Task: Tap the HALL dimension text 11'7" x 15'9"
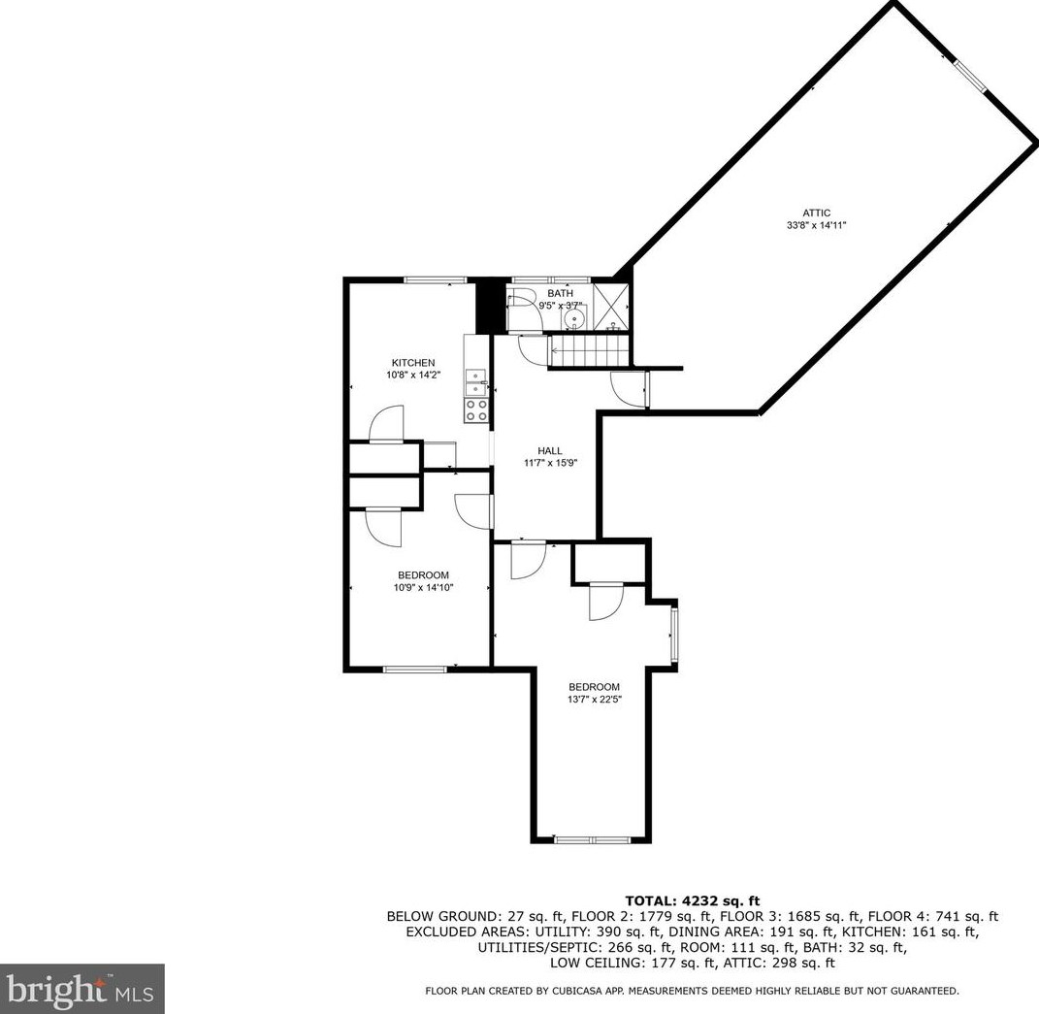(x=550, y=463)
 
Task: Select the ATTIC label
(x=816, y=213)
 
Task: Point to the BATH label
(x=560, y=293)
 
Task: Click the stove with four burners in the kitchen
(x=476, y=410)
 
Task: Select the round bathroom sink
(x=575, y=318)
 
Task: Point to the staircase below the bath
(x=582, y=350)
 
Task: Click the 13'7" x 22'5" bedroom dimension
(x=594, y=699)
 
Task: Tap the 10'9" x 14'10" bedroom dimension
(x=423, y=587)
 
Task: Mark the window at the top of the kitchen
(x=434, y=280)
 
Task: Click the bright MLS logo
(x=82, y=989)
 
